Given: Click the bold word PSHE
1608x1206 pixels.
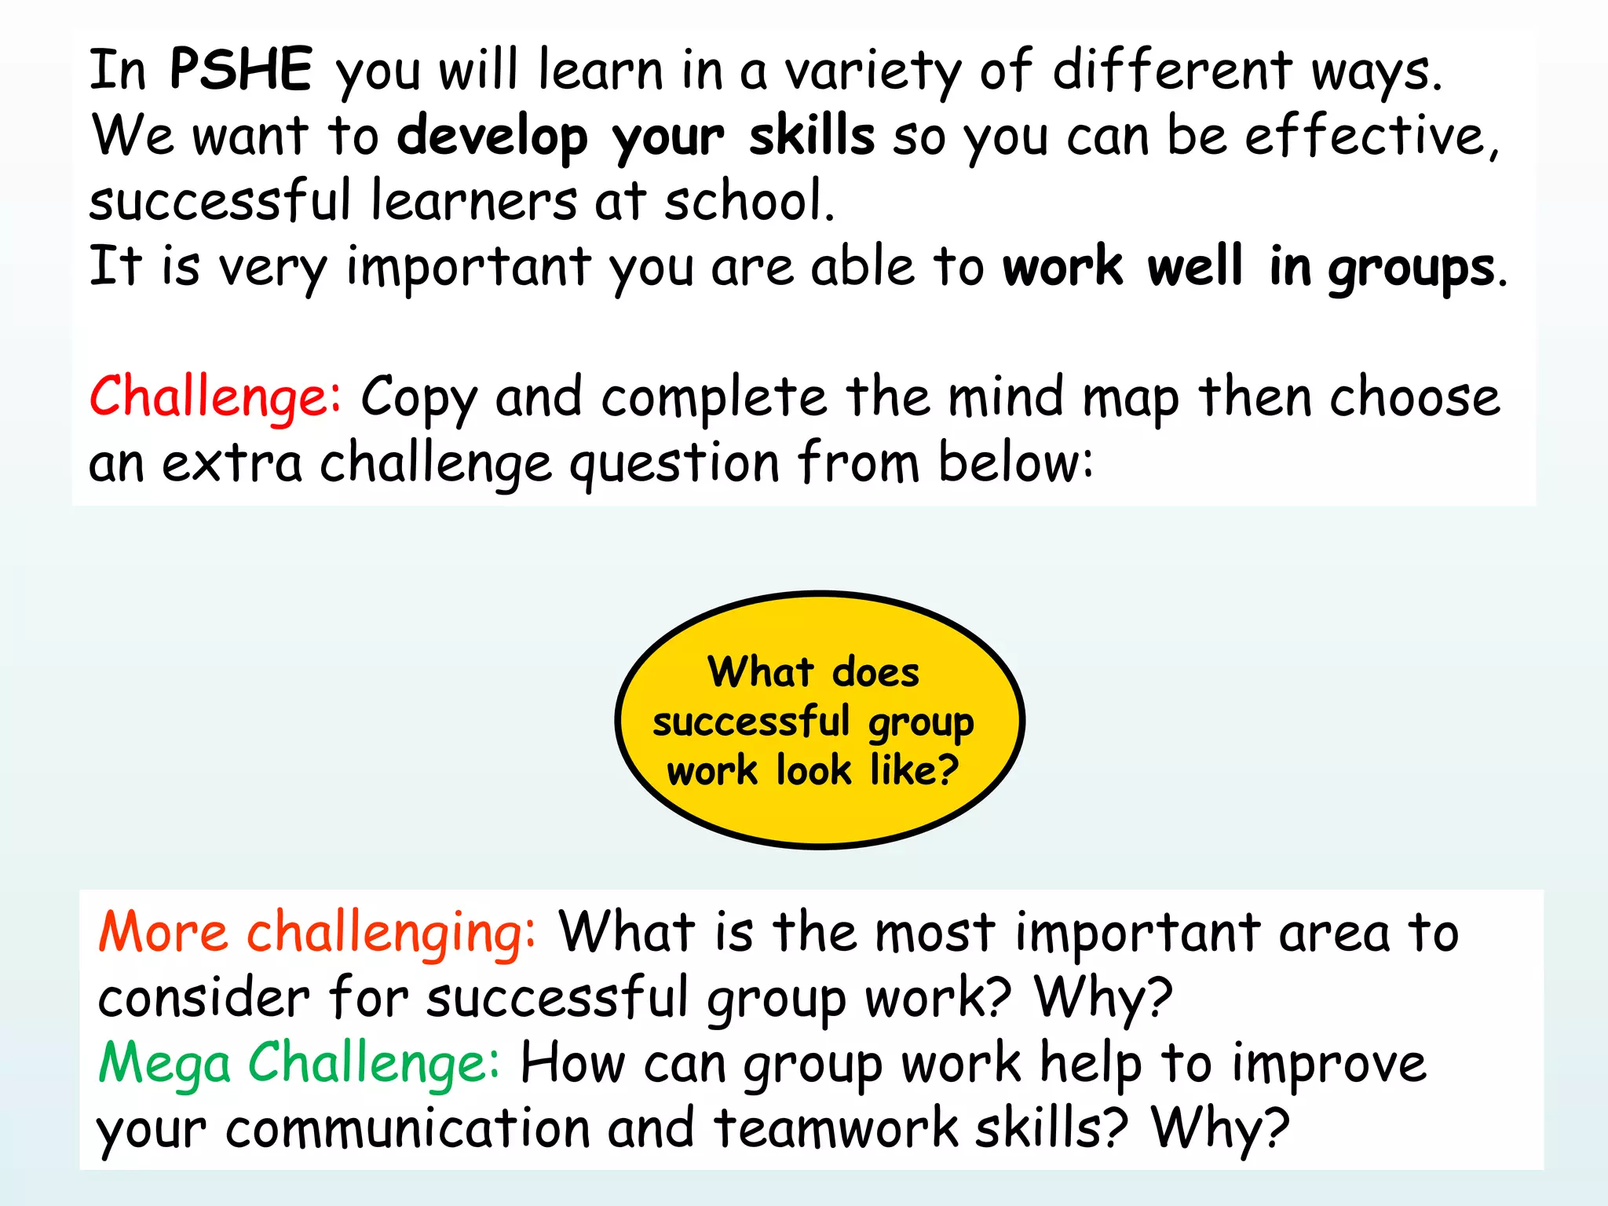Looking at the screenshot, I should point(241,69).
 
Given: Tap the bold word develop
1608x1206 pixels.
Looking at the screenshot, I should point(492,137).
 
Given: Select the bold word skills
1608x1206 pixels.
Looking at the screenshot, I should point(811,135).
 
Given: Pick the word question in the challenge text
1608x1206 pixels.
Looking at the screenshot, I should point(674,463).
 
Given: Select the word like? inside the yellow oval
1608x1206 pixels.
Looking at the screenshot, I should point(914,769).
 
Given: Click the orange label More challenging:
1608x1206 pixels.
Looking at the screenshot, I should point(317,934).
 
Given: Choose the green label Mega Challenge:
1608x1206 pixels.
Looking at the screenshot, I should point(298,1064).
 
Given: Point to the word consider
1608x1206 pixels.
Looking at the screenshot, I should point(203,998).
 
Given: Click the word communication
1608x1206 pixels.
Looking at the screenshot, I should point(407,1128).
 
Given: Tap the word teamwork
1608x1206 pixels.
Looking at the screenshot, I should point(835,1128).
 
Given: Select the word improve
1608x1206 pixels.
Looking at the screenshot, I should point(1328,1065).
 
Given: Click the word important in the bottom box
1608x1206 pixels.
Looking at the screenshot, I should point(1137,934).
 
